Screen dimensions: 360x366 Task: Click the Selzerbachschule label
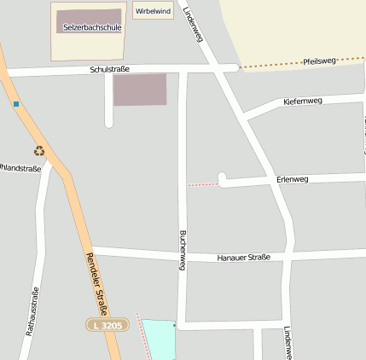pos(92,27)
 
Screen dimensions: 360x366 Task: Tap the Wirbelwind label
pos(153,11)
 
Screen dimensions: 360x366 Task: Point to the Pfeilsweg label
pos(320,61)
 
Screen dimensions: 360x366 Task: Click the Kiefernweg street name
pos(302,102)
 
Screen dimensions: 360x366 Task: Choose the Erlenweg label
pos(293,179)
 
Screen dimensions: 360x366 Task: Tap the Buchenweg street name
pos(182,250)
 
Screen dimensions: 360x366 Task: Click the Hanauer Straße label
pos(243,257)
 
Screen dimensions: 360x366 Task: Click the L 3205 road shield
pos(107,325)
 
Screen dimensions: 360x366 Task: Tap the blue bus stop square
pos(16,104)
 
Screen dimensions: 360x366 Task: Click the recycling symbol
pos(38,151)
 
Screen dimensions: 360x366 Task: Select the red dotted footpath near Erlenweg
pos(202,183)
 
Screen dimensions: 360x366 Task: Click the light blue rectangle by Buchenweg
pos(158,340)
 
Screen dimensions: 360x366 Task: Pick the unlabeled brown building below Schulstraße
pos(140,90)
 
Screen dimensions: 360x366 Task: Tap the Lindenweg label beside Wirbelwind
pos(193,23)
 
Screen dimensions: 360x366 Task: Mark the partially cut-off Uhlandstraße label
pos(20,168)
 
